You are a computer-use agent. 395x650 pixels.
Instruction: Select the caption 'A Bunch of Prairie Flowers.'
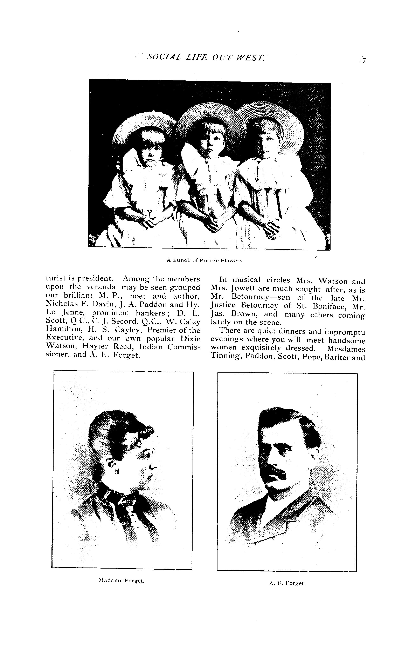[x=205, y=261]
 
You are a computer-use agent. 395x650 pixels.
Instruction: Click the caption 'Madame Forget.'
[x=121, y=581]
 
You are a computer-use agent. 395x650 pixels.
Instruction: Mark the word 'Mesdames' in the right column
[x=346, y=349]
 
